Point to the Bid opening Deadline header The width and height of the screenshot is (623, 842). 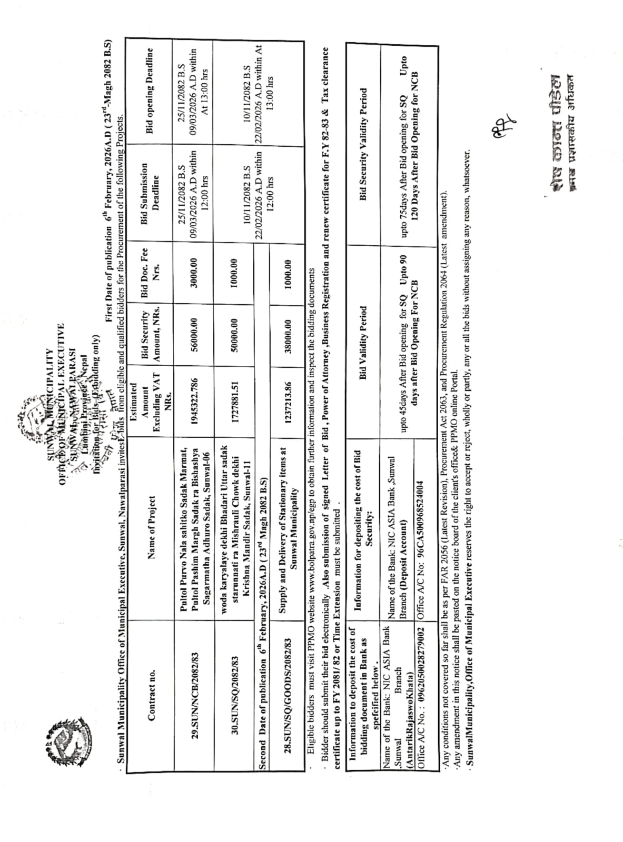coord(150,90)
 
